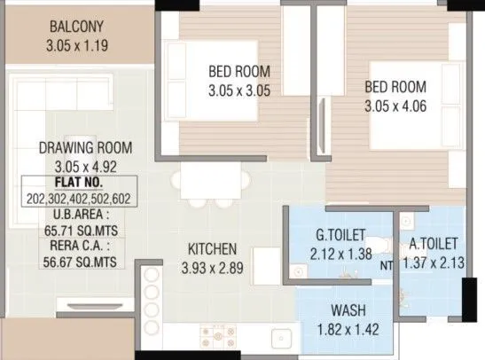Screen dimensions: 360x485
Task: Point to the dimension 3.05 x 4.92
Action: point(81,164)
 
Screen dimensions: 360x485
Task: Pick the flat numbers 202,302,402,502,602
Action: point(79,198)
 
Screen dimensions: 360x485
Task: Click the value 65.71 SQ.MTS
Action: point(79,229)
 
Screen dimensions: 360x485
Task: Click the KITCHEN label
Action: point(211,249)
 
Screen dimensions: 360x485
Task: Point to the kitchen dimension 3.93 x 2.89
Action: point(211,266)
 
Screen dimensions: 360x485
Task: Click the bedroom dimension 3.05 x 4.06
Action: point(395,105)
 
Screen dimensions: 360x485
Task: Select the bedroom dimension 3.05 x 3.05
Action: point(239,89)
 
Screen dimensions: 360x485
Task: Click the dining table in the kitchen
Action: point(211,183)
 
